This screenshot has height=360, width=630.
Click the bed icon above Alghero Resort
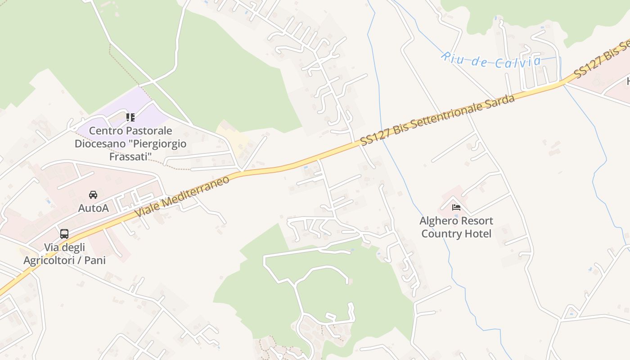pyautogui.click(x=456, y=207)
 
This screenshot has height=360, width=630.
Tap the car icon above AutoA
pyautogui.click(x=93, y=195)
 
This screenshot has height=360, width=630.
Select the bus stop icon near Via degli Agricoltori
pyautogui.click(x=64, y=234)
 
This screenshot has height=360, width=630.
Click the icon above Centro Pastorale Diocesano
pyautogui.click(x=130, y=117)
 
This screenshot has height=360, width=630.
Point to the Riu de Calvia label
pyautogui.click(x=490, y=60)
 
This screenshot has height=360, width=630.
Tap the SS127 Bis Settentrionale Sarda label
pyautogui.click(x=437, y=120)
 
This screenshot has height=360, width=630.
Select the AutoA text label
pyautogui.click(x=93, y=208)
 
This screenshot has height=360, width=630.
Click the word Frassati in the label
pyautogui.click(x=130, y=157)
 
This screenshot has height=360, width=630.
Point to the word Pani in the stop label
pyautogui.click(x=95, y=261)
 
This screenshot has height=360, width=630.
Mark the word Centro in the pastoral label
pyautogui.click(x=106, y=131)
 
